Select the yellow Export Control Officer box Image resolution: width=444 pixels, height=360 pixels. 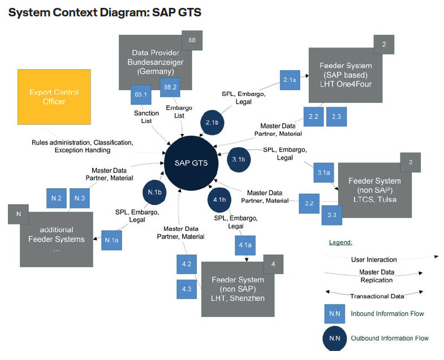(x=54, y=97)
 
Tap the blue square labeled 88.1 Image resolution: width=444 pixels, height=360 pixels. (x=139, y=94)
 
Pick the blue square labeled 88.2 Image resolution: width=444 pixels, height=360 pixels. (x=169, y=87)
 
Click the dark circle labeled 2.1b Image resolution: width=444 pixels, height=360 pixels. (x=212, y=123)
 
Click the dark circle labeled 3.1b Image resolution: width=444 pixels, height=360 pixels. (x=238, y=160)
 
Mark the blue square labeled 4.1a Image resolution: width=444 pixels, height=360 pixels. (x=245, y=245)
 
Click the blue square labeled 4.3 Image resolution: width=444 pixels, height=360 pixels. (x=187, y=289)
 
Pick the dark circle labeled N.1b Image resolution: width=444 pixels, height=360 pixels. (x=154, y=192)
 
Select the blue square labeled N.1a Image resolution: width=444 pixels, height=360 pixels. (x=111, y=240)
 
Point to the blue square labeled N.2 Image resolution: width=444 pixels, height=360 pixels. (x=56, y=198)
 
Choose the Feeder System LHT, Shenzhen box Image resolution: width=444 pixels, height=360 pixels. (x=238, y=288)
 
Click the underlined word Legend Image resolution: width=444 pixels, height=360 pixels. (x=340, y=242)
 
